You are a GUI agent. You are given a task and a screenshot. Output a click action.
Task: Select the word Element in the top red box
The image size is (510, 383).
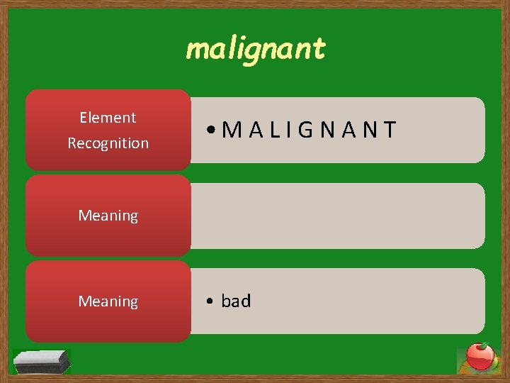[x=108, y=118]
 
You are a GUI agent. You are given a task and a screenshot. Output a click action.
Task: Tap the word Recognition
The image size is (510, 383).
[x=108, y=143]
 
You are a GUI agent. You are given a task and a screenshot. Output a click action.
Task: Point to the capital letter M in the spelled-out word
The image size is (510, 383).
[x=232, y=130]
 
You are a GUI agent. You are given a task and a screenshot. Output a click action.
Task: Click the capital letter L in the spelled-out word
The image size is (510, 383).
[x=274, y=130]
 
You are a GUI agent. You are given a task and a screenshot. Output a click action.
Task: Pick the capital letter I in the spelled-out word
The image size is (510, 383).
[x=289, y=130]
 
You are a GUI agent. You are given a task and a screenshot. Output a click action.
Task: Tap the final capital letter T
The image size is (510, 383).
[x=390, y=130]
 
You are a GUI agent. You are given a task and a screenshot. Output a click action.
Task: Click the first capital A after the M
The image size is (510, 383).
[x=256, y=130]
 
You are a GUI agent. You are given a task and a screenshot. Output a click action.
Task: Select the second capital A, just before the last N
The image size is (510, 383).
[x=349, y=130]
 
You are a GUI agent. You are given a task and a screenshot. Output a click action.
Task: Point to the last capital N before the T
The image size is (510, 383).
[x=370, y=130]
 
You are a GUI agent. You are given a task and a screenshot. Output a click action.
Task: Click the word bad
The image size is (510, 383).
[x=236, y=301]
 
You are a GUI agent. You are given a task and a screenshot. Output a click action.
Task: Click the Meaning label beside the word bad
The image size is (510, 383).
[x=108, y=301]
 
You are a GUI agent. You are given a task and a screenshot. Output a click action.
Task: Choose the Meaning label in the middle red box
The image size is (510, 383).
[x=108, y=216]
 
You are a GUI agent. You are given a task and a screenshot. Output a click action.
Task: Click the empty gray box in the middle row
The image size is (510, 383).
[x=338, y=216]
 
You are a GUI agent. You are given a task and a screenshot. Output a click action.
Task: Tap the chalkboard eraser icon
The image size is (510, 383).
[x=42, y=361]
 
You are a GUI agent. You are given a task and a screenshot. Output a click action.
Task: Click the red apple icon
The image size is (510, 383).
[x=480, y=357]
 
